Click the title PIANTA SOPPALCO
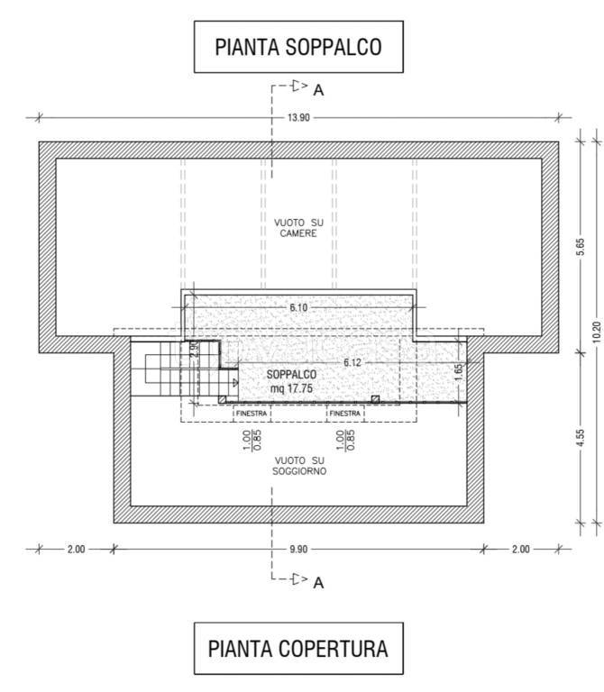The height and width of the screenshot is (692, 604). point(298,47)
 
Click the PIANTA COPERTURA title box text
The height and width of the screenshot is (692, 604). point(298,649)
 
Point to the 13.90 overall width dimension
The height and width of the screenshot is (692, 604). point(299,118)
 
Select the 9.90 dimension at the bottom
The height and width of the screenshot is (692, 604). point(298,549)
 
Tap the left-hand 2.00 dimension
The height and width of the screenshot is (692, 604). point(76,549)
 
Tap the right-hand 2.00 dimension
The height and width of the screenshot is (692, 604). point(520,549)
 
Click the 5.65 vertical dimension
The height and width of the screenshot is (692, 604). point(581,247)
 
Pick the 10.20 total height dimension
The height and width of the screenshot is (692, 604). point(597,332)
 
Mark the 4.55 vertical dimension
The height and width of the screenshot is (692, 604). point(581,438)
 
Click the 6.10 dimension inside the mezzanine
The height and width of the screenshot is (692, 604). point(298,307)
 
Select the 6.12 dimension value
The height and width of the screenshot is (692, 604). point(352,363)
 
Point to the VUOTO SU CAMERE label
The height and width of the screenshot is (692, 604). point(298,228)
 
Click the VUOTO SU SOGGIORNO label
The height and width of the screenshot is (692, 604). point(299,466)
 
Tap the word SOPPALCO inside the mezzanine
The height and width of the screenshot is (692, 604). point(291,375)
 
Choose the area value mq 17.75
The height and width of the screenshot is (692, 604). point(291,388)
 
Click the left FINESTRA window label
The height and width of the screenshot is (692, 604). point(252,414)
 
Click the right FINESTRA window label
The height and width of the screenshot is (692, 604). point(345,414)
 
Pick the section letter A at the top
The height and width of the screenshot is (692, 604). point(318,90)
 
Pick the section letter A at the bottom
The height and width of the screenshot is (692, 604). point(318,583)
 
